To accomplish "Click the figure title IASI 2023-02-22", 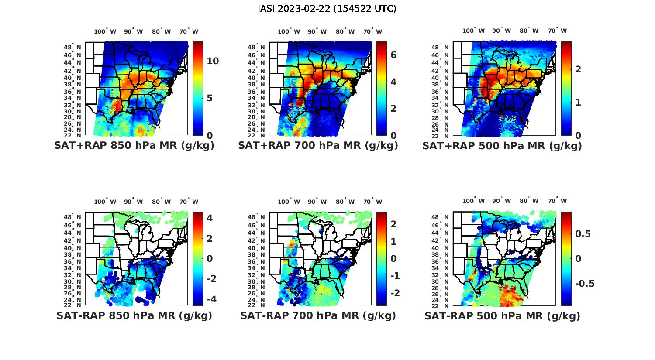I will [327, 9].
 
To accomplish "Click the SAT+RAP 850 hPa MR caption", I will [134, 146].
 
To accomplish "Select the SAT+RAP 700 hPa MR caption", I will [318, 146].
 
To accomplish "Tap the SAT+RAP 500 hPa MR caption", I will [502, 146].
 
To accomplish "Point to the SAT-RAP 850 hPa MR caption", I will [134, 315].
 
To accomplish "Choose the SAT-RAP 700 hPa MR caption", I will [318, 315].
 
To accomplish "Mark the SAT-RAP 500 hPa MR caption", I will [502, 316].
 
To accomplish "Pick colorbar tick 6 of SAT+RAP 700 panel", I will [393, 55].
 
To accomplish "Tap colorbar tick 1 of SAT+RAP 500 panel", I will [578, 103].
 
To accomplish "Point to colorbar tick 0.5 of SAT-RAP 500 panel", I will [583, 234].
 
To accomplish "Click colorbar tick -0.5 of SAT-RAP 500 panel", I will [585, 284].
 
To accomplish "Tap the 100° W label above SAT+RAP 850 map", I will [105, 31].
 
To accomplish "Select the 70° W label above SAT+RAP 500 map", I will [557, 31].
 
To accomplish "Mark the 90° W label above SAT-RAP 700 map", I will [317, 202].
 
